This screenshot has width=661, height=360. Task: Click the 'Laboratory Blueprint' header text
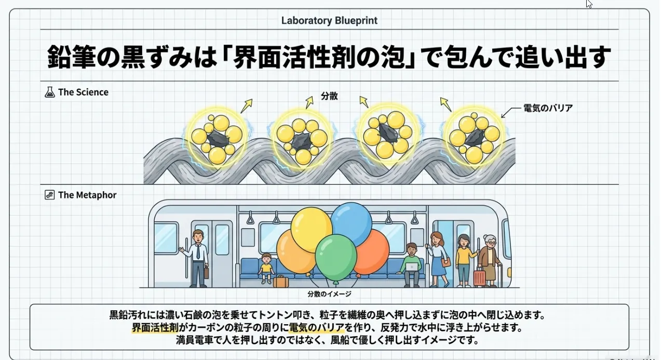[x=329, y=21]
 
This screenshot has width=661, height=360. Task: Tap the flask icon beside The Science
[x=50, y=92]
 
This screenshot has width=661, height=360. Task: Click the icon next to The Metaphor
[x=50, y=195]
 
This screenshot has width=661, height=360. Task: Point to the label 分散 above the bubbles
[x=329, y=96]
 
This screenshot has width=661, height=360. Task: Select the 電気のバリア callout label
[x=548, y=109]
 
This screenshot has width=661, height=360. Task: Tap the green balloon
[x=335, y=257]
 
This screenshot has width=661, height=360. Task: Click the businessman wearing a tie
[x=198, y=257]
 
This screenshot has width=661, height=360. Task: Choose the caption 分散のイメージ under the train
[x=329, y=294]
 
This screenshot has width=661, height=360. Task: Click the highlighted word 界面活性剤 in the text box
[x=154, y=328]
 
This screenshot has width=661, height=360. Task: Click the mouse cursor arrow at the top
[x=589, y=4]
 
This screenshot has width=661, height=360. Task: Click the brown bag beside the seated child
[x=280, y=282]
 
